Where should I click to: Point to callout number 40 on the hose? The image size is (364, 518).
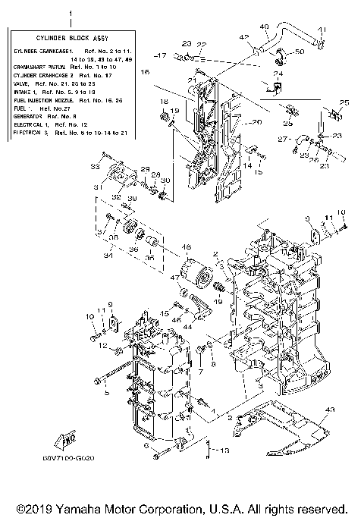click(265, 27)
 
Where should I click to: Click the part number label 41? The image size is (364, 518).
click(321, 30)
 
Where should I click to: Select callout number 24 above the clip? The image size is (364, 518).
click(278, 74)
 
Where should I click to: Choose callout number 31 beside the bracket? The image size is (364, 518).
click(98, 187)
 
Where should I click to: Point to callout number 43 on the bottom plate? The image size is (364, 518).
click(328, 410)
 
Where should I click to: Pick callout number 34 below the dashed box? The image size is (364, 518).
click(109, 256)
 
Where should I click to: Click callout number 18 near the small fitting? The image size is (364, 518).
click(164, 101)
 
